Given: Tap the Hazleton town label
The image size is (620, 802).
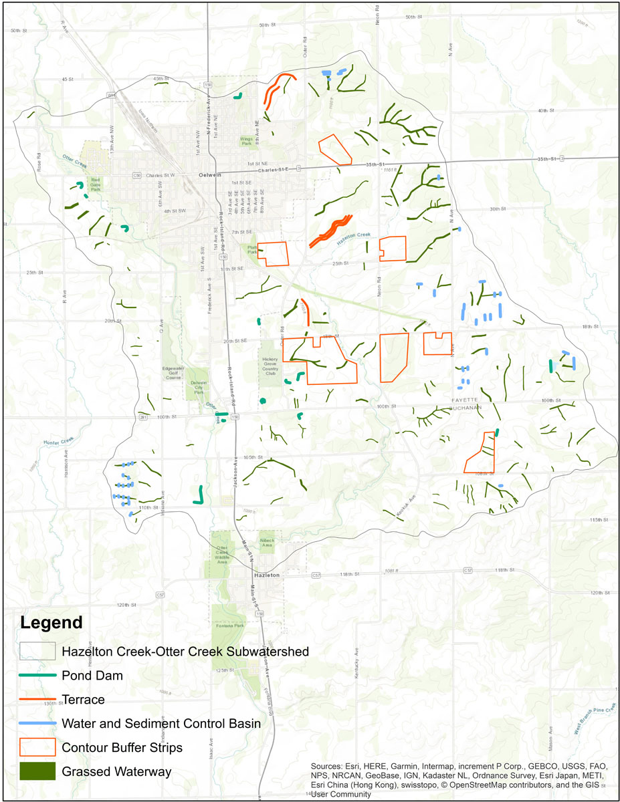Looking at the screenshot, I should pyautogui.click(x=265, y=575).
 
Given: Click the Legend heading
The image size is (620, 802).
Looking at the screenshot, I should pyautogui.click(x=51, y=623).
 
